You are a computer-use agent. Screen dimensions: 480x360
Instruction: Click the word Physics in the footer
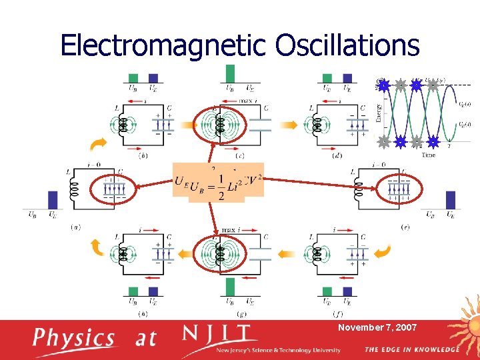(74, 338)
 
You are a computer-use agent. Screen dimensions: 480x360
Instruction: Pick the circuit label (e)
(405, 227)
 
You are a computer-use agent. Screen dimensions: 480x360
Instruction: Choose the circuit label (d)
(337, 156)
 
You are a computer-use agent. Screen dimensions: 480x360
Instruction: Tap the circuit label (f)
(337, 313)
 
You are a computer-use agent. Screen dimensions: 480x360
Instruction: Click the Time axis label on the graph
(429, 155)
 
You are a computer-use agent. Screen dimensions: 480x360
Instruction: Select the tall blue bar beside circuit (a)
(53, 199)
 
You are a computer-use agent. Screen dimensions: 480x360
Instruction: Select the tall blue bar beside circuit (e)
(450, 199)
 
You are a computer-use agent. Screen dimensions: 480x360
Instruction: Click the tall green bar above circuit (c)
(230, 73)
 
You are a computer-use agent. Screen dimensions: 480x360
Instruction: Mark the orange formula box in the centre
(218, 180)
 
